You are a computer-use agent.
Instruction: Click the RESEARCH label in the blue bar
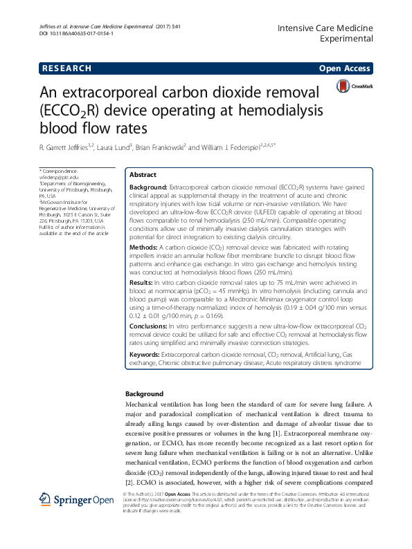point(67,68)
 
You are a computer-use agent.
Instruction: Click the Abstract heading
point(143,175)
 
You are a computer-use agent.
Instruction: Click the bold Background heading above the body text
point(144,394)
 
